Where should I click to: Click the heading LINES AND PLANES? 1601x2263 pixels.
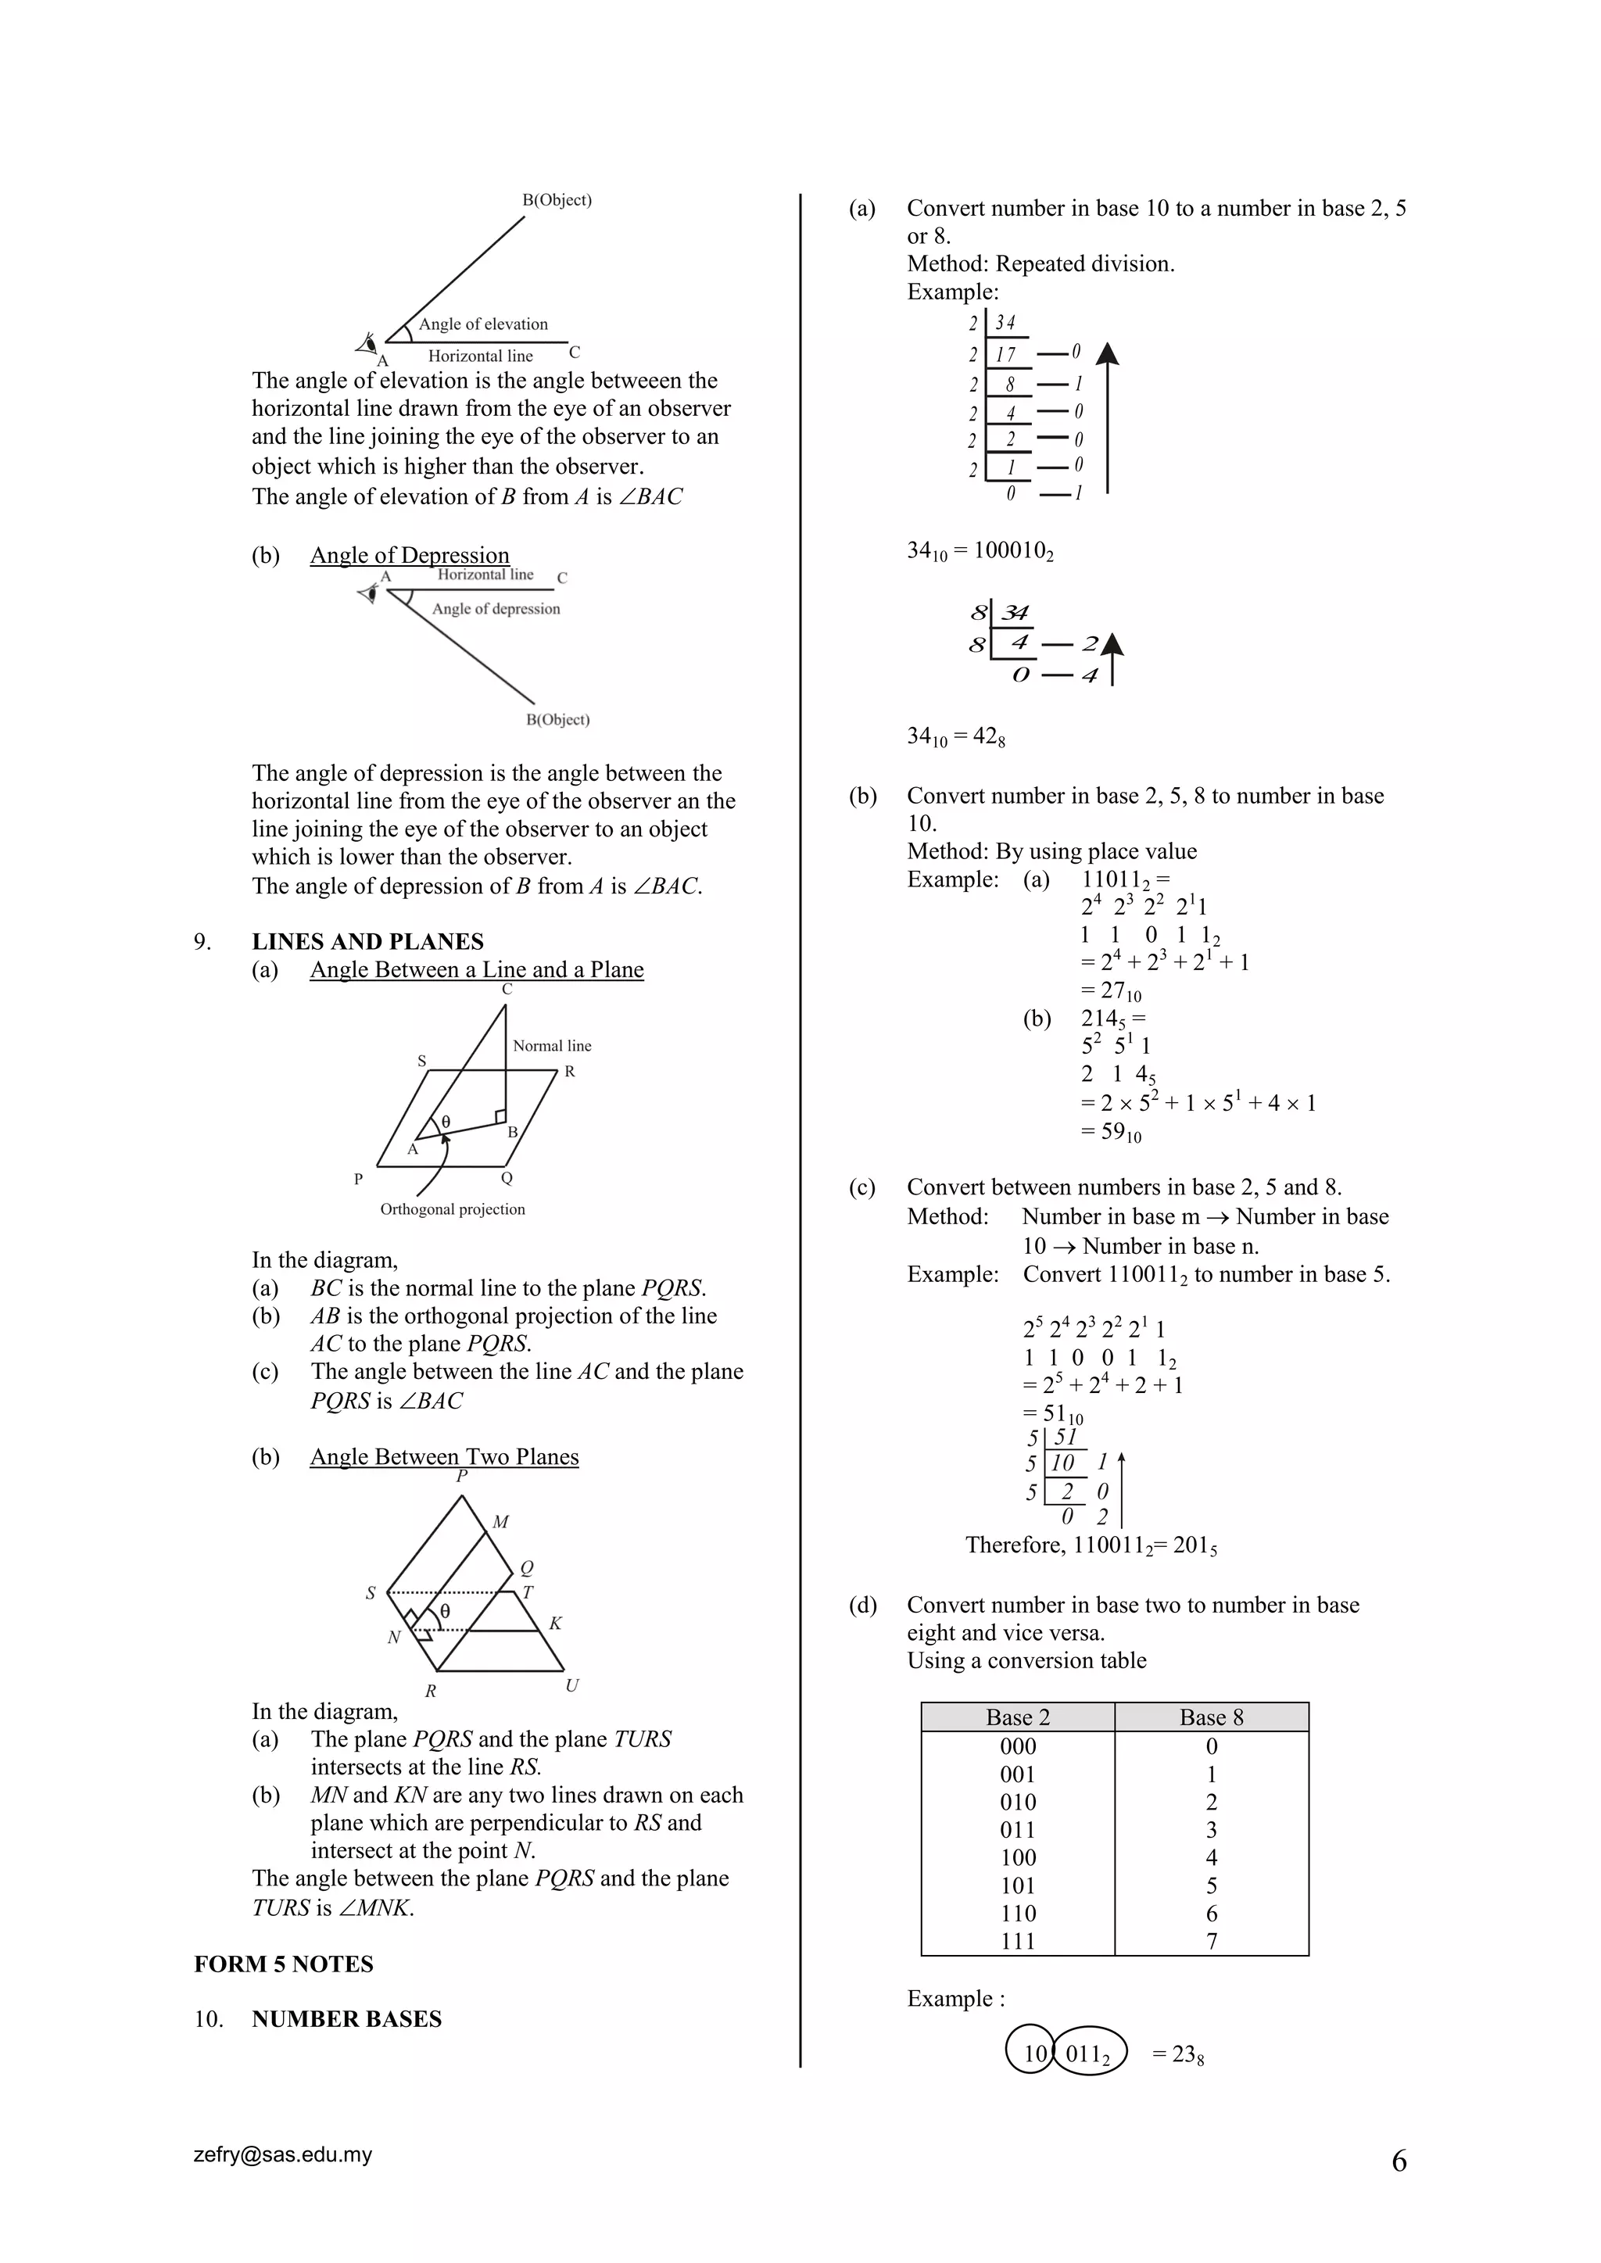pyautogui.click(x=367, y=941)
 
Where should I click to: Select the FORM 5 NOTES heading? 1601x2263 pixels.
pyautogui.click(x=283, y=1964)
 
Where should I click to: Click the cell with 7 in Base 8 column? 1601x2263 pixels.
pyautogui.click(x=1211, y=1941)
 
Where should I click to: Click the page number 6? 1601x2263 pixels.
pyautogui.click(x=1398, y=2161)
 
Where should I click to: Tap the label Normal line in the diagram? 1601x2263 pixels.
pyautogui.click(x=551, y=1046)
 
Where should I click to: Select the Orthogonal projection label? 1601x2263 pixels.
pyautogui.click(x=453, y=1209)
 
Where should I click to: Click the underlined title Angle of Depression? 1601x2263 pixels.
pyautogui.click(x=409, y=555)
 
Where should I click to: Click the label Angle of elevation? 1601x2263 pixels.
pyautogui.click(x=483, y=324)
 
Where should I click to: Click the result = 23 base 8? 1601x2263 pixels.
pyautogui.click(x=1178, y=2055)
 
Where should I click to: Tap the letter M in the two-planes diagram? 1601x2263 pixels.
pyautogui.click(x=501, y=1523)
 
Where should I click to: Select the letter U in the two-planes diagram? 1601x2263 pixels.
pyautogui.click(x=571, y=1685)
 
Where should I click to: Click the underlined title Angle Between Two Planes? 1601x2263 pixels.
pyautogui.click(x=443, y=1457)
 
